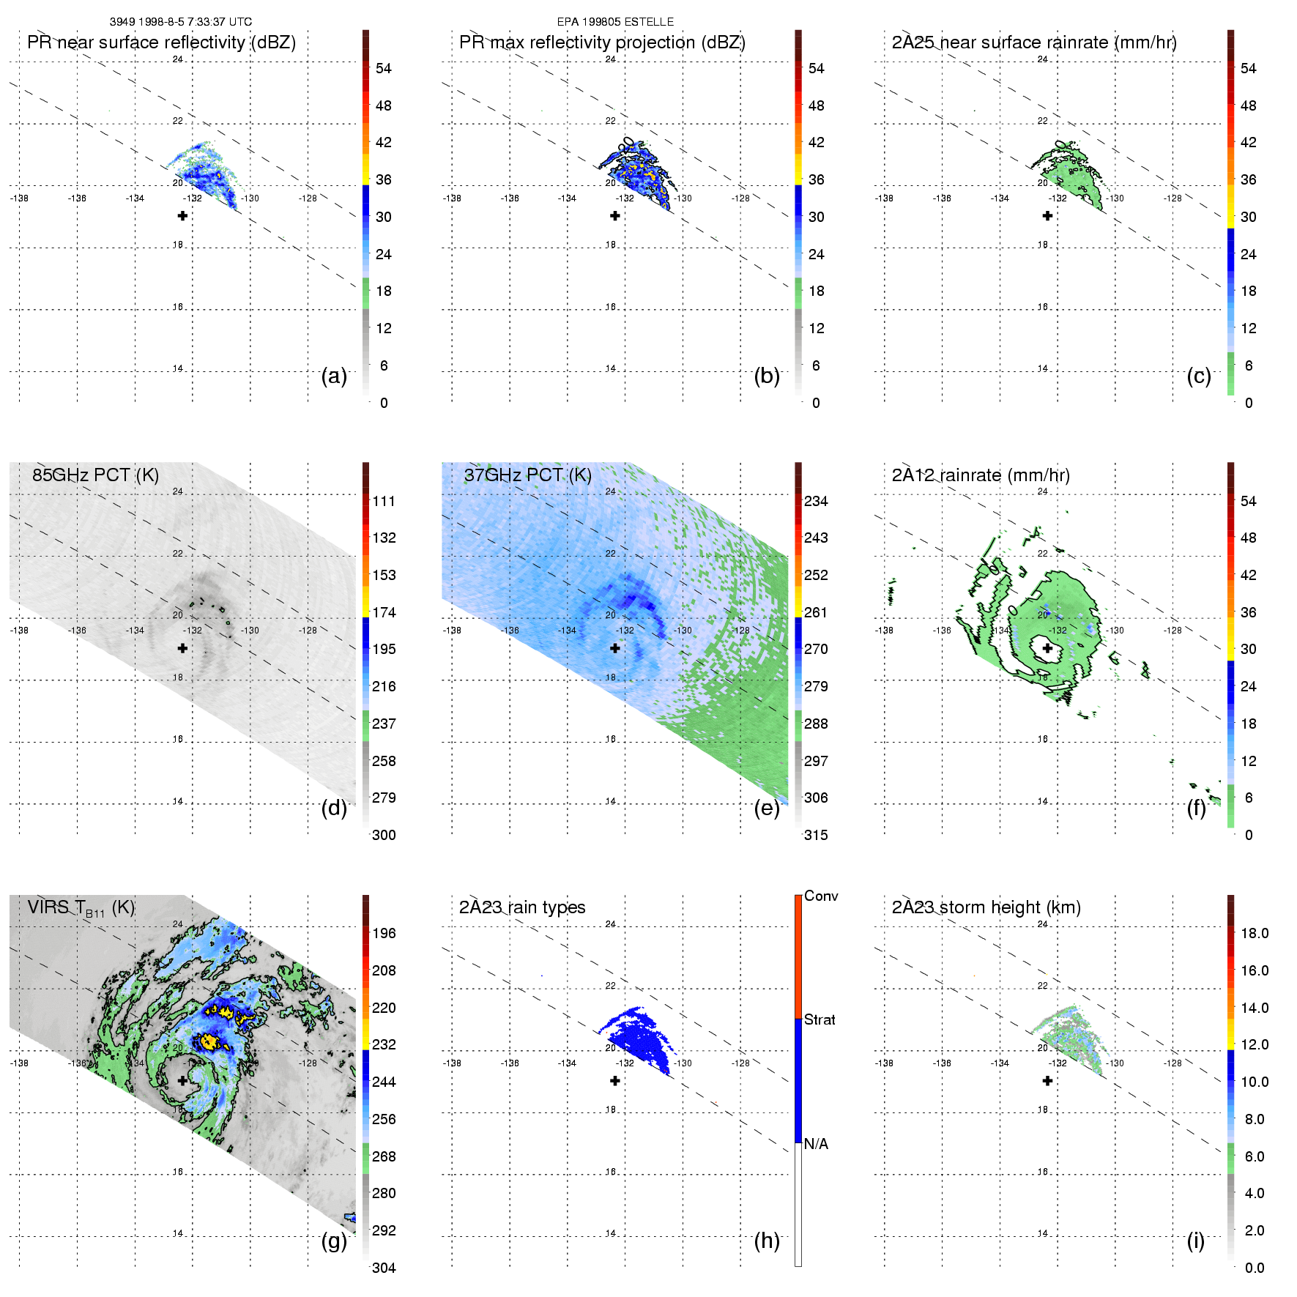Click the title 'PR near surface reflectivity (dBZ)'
tap(161, 42)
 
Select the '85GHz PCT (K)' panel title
tap(95, 475)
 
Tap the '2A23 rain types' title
tap(522, 907)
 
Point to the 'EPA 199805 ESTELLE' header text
tap(615, 22)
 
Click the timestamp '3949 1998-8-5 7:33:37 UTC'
tap(181, 22)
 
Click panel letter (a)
tap(334, 376)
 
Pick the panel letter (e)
tap(767, 808)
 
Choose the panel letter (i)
tap(1195, 1241)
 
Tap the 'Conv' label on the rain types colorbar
tap(821, 896)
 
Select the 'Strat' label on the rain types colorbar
tap(820, 1019)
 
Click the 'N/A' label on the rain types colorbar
tap(816, 1144)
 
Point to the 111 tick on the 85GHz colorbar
tap(384, 501)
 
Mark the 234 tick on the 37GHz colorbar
tap(816, 501)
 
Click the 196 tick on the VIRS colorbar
tap(384, 933)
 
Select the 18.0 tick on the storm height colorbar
tap(1255, 933)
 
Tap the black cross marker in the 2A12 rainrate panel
tap(1047, 648)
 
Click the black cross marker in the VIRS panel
tap(182, 1080)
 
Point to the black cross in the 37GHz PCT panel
tap(615, 648)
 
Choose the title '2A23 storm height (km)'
tap(986, 907)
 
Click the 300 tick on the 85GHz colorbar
tap(384, 835)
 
